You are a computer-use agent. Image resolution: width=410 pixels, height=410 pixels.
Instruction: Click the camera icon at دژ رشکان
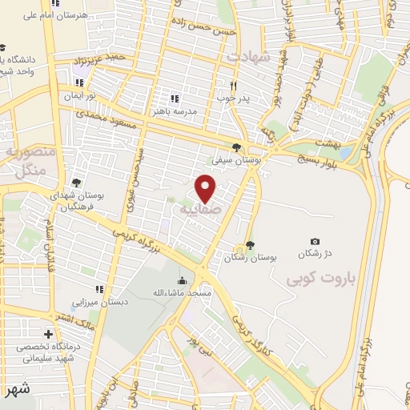pyautogui.click(x=315, y=241)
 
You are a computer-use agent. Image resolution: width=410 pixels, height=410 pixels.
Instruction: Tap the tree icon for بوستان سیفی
pyautogui.click(x=235, y=147)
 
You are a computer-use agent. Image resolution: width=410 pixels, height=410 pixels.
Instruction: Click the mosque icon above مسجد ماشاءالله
pyautogui.click(x=183, y=280)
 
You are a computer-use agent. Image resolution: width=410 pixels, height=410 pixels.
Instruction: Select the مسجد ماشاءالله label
pyautogui.click(x=183, y=293)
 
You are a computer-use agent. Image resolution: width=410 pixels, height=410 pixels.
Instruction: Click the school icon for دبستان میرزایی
pyautogui.click(x=99, y=289)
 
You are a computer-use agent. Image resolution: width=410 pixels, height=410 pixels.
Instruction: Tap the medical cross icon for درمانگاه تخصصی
pyautogui.click(x=49, y=334)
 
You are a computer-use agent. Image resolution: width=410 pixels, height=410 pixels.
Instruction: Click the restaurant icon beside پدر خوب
pyautogui.click(x=234, y=85)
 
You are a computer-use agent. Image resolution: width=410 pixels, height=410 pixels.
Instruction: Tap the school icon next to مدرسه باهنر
pyautogui.click(x=175, y=98)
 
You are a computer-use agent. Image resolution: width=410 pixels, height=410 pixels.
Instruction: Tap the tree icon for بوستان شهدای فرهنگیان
pyautogui.click(x=76, y=183)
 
